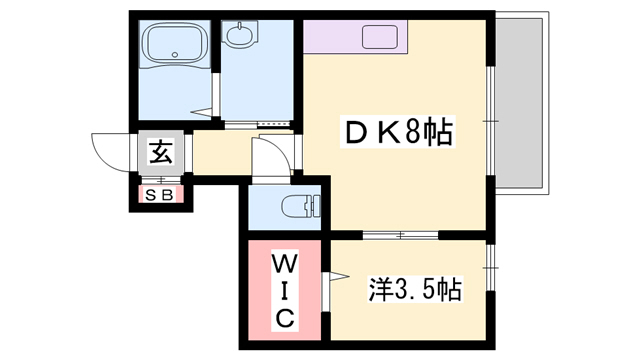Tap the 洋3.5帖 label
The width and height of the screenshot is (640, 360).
(414, 291)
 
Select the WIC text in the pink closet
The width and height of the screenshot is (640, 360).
(283, 292)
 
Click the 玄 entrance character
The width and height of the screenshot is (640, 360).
(159, 152)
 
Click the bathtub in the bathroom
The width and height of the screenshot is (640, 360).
(176, 46)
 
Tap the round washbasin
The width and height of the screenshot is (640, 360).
(240, 38)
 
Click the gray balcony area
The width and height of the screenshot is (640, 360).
(523, 100)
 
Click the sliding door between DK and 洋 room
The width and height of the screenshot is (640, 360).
(400, 235)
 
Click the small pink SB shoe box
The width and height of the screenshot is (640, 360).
(159, 193)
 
